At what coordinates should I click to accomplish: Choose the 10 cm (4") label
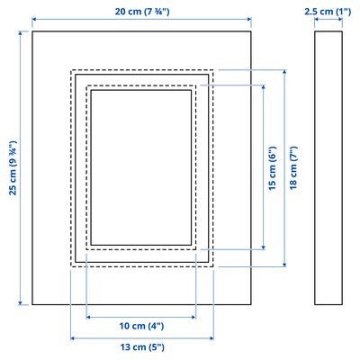(140, 325)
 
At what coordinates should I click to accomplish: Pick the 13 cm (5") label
(141, 346)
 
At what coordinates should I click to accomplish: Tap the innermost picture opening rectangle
(140, 166)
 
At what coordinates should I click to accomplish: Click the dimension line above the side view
(328, 21)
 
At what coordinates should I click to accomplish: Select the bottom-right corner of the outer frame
(251, 305)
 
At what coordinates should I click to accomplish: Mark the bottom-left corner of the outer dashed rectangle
(70, 265)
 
